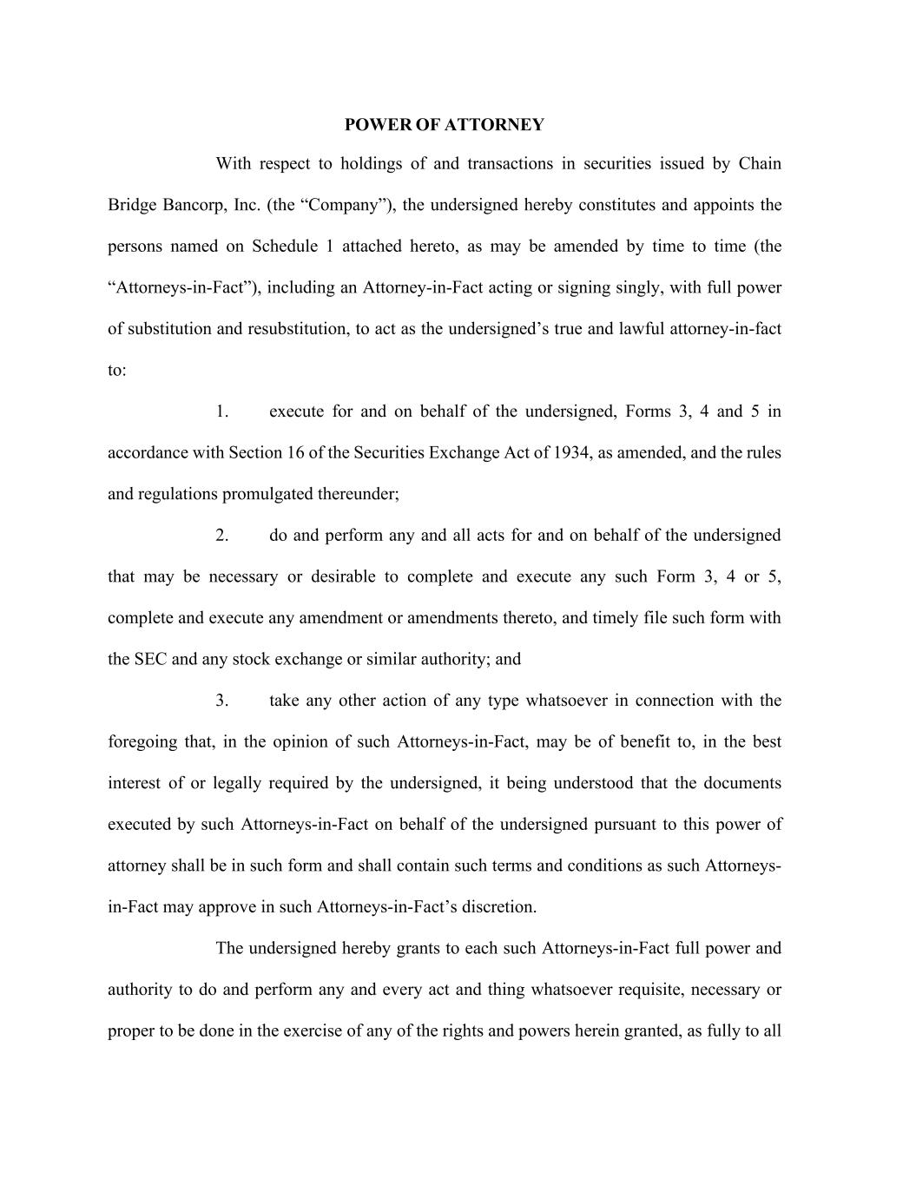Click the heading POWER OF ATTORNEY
[x=444, y=125]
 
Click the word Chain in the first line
[x=760, y=164]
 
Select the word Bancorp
[x=194, y=206]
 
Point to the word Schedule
[x=285, y=247]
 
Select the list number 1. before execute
[x=222, y=411]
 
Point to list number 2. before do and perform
[x=222, y=536]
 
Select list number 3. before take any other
[x=222, y=701]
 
